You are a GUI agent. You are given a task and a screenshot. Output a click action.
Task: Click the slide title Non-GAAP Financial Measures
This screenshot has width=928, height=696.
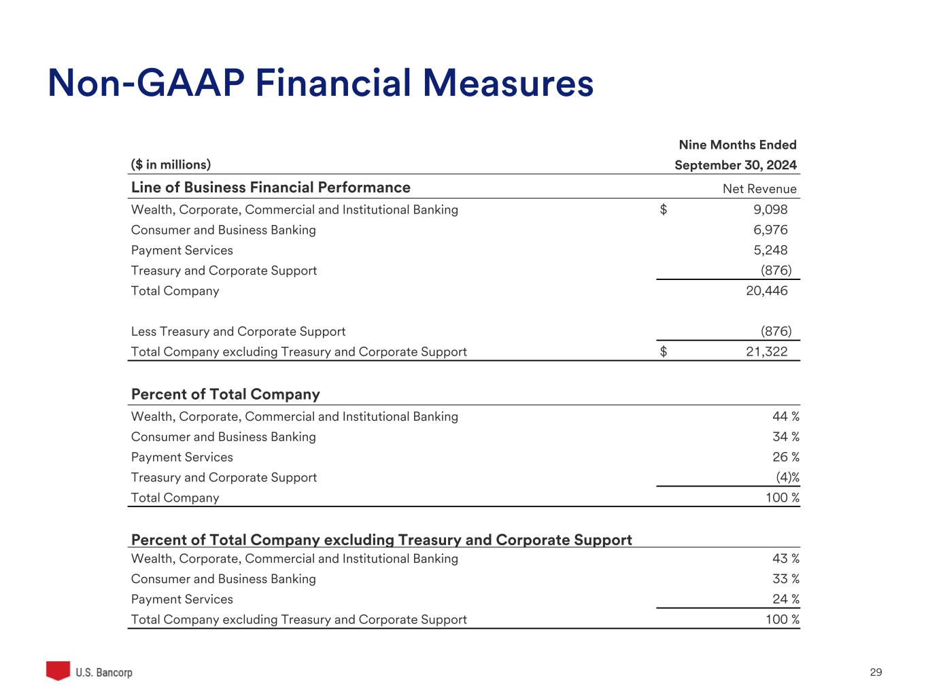point(320,84)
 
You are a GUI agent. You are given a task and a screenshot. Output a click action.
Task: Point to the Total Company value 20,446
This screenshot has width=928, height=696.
point(767,291)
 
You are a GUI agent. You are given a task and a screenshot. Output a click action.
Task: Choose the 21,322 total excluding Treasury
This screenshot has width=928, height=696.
point(767,352)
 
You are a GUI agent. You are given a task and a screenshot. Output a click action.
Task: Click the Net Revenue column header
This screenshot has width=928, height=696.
point(759,189)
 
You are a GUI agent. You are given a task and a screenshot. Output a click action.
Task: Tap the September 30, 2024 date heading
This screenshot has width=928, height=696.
point(736,165)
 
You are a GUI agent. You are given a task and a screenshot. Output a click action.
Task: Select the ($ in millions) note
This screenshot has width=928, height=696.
point(171,164)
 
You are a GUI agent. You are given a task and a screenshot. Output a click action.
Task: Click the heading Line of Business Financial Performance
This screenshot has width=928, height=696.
point(271,188)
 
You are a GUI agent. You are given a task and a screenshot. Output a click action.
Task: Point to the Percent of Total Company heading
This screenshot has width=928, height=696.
point(225,394)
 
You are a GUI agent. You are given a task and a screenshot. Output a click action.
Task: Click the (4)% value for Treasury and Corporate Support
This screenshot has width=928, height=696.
point(787,478)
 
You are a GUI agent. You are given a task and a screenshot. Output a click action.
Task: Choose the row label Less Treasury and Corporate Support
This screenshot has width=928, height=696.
point(238,332)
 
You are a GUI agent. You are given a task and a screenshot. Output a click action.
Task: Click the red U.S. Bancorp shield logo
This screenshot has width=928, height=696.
point(58,671)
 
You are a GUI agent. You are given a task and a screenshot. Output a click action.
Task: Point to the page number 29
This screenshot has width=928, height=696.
point(876,672)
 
